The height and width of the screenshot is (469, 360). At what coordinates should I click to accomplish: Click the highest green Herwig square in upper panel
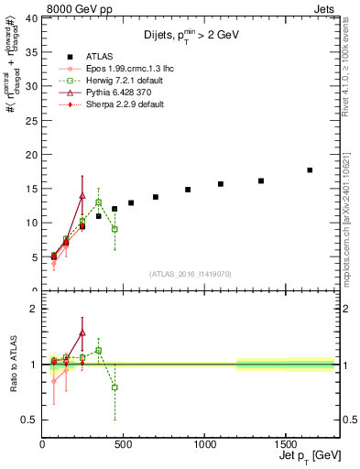[98, 202]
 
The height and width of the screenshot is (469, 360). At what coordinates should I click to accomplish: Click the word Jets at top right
[335, 8]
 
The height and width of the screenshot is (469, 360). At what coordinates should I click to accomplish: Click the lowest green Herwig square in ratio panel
[115, 387]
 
